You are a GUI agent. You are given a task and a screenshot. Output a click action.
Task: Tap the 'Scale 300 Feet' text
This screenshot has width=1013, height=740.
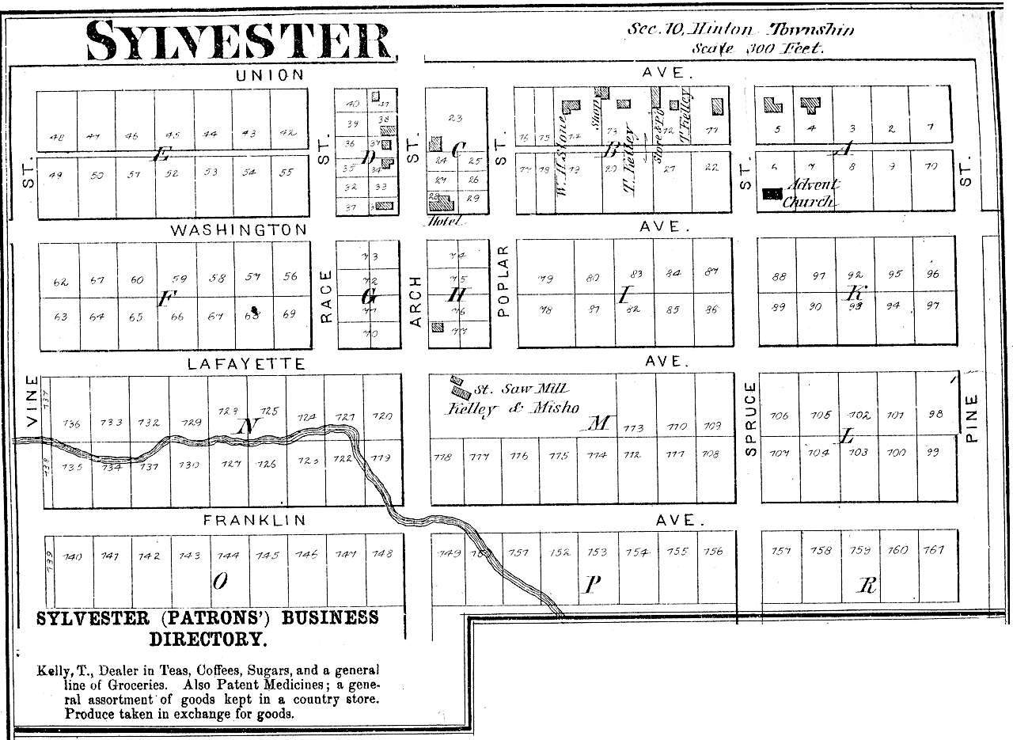coord(757,48)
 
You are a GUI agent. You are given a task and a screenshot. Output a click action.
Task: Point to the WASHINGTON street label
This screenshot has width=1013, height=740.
coord(238,230)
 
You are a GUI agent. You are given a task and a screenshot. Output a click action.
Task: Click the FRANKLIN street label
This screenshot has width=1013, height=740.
coord(254,521)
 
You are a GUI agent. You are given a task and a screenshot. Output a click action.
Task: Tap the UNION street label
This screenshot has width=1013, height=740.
coord(270,76)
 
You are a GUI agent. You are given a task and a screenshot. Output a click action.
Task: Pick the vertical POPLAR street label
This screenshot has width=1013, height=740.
coord(503,281)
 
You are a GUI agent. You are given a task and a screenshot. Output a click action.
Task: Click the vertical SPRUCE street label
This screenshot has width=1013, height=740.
coord(751,419)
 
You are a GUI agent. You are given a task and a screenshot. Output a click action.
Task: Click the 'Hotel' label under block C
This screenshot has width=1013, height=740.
coord(443,222)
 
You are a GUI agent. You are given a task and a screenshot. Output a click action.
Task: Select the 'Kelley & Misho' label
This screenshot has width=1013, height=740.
coord(512,408)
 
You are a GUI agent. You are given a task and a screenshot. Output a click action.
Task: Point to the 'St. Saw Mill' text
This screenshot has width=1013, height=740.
coord(522,389)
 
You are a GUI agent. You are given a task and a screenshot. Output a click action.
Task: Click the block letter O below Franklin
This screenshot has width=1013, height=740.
coord(221,582)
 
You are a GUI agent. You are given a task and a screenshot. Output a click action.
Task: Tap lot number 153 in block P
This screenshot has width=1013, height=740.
coord(598,552)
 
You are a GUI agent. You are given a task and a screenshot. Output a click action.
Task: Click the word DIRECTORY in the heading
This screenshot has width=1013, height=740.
coord(208,638)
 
